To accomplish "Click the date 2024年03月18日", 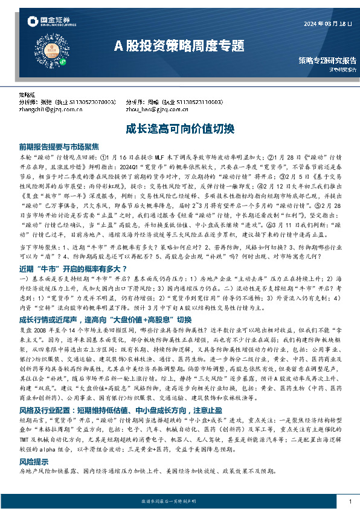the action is point(326,24).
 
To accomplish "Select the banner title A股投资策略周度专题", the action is point(179,45).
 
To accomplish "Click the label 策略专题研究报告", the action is point(327,61).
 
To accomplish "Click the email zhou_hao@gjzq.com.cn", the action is point(156,110).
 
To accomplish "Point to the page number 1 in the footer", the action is point(350,502).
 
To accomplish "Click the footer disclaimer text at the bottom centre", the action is point(179,502).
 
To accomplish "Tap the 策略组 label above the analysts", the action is point(27,96).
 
